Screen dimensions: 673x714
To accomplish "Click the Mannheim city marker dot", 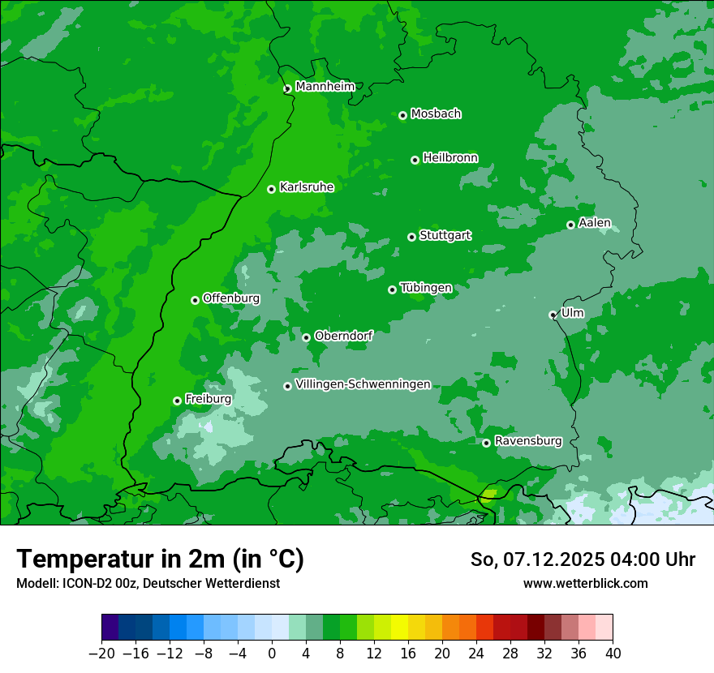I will tap(287, 89).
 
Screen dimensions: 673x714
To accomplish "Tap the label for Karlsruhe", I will tap(306, 187).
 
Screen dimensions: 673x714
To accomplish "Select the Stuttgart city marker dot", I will tap(411, 237).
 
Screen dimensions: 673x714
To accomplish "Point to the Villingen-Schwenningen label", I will tap(363, 384).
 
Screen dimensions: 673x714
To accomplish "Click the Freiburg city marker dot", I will tap(177, 401).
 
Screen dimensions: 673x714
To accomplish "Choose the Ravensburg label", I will tap(527, 441).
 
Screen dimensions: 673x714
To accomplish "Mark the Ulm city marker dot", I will tap(553, 315).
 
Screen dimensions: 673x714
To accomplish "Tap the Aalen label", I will tap(595, 223).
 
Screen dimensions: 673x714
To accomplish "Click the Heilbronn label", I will tap(450, 158).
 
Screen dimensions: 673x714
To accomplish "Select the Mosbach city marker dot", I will tap(402, 115).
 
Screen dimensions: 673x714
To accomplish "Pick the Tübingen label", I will tap(426, 288).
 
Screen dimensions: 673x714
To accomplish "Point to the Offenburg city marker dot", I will tap(195, 300).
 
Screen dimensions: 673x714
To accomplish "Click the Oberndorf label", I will tap(343, 336).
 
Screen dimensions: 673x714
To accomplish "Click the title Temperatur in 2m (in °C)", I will tap(160, 559).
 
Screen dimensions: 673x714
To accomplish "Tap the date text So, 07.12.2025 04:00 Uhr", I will tap(583, 559).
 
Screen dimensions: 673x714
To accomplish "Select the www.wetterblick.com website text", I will tap(585, 583).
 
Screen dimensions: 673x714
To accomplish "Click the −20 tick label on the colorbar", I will tap(101, 654).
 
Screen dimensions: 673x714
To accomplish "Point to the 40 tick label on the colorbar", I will tap(613, 654).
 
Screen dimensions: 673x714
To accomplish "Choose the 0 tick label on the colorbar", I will tap(272, 654).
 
